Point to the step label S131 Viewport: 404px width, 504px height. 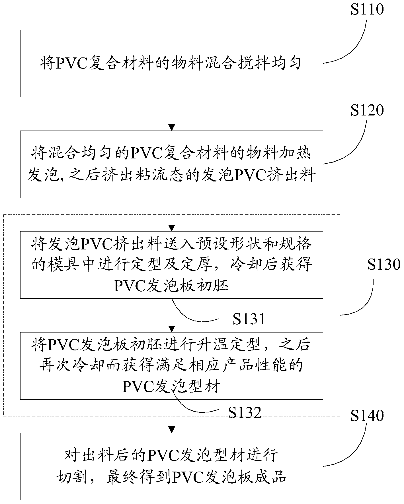click(x=249, y=319)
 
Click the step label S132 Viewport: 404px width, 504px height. click(x=245, y=412)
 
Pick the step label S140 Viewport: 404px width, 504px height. click(x=367, y=416)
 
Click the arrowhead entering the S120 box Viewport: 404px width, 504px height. click(x=172, y=127)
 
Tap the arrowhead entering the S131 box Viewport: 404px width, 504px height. click(x=172, y=228)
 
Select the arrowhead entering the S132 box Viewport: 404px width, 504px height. click(x=172, y=329)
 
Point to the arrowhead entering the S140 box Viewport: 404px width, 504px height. click(x=172, y=429)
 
